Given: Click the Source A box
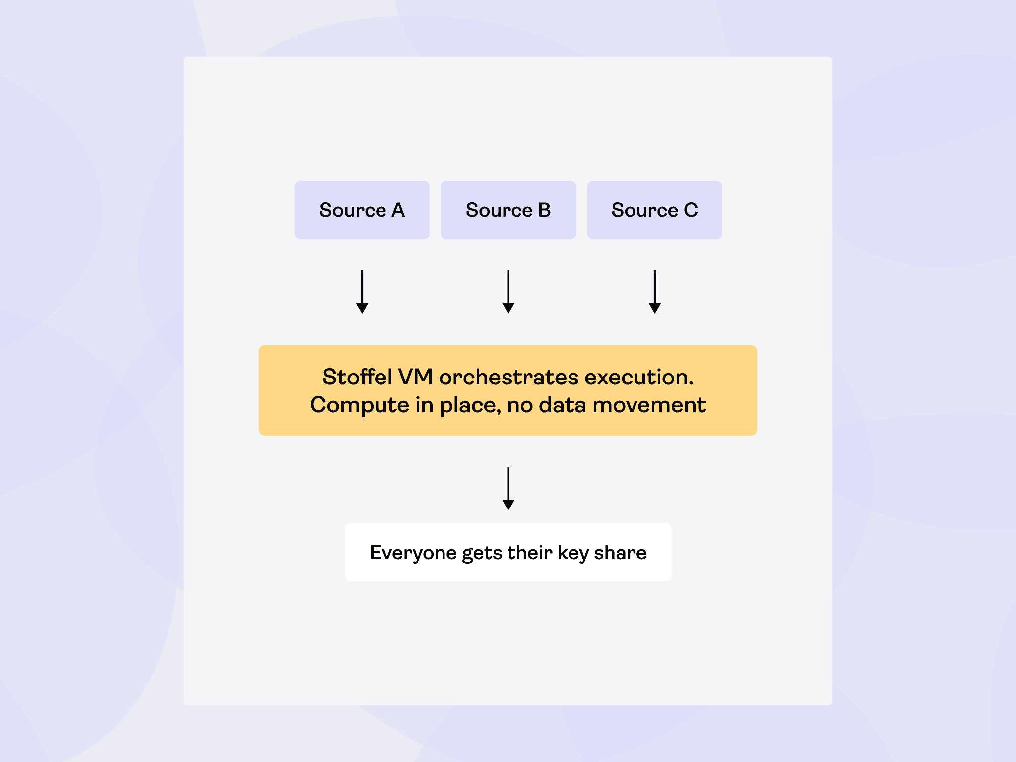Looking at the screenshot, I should pos(362,210).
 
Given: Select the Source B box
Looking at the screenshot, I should pos(508,210).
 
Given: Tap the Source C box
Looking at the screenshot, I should pos(654,210).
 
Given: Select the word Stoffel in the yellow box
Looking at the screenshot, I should pos(357,377).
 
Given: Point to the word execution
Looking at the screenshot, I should pos(639,377).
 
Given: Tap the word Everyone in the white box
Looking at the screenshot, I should pos(413,553).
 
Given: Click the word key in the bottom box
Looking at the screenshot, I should pos(573,553).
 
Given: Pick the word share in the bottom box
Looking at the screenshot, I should pos(620,553).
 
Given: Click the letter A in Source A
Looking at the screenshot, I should pos(398,210).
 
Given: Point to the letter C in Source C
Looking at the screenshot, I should pos(691,210).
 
